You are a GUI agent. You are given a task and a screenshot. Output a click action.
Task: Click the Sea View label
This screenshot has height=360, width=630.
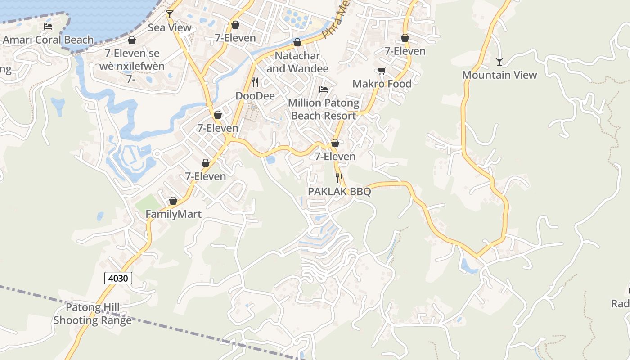tap(170, 27)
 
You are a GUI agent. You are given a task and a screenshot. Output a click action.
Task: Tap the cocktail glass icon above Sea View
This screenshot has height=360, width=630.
tap(169, 14)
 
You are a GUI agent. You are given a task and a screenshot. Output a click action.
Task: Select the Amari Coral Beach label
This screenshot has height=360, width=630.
tap(48, 40)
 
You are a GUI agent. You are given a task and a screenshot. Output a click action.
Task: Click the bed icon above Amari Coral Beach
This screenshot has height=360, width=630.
tap(48, 27)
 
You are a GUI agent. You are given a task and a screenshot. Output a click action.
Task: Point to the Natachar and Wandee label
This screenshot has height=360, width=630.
tap(297, 62)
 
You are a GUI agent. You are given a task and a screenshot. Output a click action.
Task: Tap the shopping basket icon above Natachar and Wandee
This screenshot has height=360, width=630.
tap(297, 43)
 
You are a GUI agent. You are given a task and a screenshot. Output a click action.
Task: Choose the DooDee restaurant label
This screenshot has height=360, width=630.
tap(255, 96)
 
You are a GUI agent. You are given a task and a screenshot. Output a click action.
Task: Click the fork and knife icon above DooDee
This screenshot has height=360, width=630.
tap(255, 82)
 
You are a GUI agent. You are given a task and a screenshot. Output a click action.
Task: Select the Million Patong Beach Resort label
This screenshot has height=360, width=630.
tap(324, 109)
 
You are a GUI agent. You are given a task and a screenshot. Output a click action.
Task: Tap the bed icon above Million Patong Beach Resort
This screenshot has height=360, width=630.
tap(324, 90)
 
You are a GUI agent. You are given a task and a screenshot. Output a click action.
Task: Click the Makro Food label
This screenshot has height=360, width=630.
tap(382, 84)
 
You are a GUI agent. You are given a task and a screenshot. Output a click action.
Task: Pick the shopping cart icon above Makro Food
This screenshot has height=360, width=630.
tap(382, 71)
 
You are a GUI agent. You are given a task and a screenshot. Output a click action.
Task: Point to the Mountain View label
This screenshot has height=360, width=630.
tap(499, 75)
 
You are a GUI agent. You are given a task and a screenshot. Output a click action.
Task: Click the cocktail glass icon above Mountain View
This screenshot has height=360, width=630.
tap(499, 62)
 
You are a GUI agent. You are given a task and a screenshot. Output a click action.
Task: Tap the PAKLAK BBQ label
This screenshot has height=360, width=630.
tap(339, 192)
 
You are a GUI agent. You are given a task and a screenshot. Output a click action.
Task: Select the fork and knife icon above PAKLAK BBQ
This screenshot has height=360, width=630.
tap(339, 178)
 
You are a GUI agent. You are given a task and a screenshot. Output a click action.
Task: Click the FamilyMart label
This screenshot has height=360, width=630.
tap(173, 214)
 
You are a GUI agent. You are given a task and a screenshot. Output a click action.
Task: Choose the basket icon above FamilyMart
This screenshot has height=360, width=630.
tap(173, 201)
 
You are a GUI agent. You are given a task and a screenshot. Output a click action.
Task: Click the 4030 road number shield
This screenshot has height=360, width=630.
tap(119, 279)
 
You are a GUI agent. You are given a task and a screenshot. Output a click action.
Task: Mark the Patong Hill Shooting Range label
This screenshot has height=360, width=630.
tap(93, 314)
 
